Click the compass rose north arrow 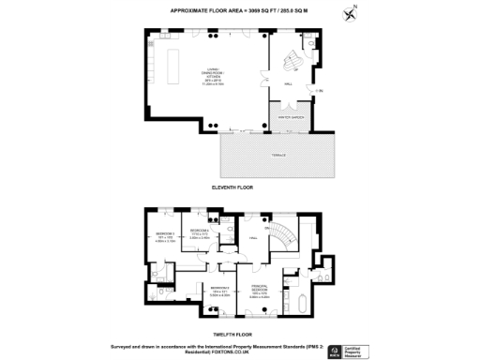click(x=351, y=13)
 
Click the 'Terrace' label click(x=278, y=155)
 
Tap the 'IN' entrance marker click(x=319, y=91)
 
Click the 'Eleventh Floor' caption click(x=240, y=187)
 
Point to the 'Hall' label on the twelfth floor click(x=252, y=238)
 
